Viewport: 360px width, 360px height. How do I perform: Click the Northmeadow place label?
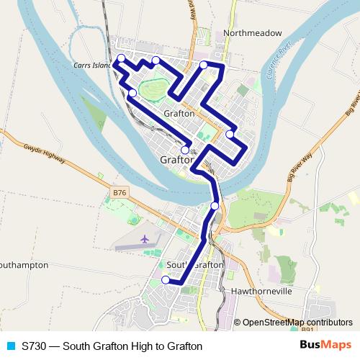tap(252, 32)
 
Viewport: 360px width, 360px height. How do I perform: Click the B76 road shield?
tap(120, 192)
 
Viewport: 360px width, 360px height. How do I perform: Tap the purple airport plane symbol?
tap(145, 238)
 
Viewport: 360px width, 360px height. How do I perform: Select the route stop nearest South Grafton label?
tap(166, 280)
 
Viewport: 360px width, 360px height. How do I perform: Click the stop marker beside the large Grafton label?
tap(185, 150)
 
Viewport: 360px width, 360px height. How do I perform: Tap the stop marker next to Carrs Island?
tap(121, 58)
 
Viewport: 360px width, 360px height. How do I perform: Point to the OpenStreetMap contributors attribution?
tap(297, 323)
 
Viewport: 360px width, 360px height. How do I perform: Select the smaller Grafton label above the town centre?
tap(179, 114)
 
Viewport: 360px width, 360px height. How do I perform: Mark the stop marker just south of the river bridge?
tap(215, 207)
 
